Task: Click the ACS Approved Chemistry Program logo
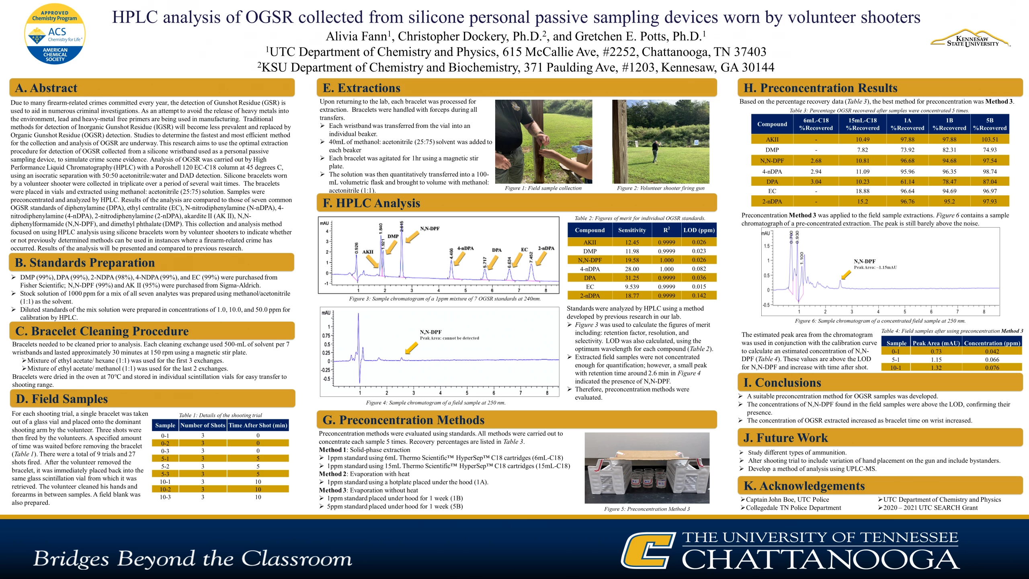(x=55, y=35)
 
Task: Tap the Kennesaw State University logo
(x=970, y=39)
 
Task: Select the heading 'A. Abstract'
(x=46, y=88)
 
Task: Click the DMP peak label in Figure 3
(x=393, y=236)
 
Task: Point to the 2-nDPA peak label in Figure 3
(x=546, y=248)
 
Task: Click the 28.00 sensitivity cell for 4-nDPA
(x=632, y=269)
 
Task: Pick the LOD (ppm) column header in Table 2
(x=699, y=230)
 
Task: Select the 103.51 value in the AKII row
(x=990, y=140)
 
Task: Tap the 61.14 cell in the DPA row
(x=907, y=182)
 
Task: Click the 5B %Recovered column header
(x=990, y=124)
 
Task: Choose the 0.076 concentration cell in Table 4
(x=992, y=368)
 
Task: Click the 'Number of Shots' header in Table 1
(x=203, y=425)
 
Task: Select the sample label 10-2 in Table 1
(x=165, y=489)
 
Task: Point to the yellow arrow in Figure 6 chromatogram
(x=846, y=275)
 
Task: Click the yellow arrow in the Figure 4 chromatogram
(x=411, y=348)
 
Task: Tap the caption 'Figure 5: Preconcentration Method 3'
(x=647, y=509)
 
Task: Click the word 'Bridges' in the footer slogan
(x=71, y=559)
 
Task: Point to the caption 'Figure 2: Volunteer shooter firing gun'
(x=661, y=188)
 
